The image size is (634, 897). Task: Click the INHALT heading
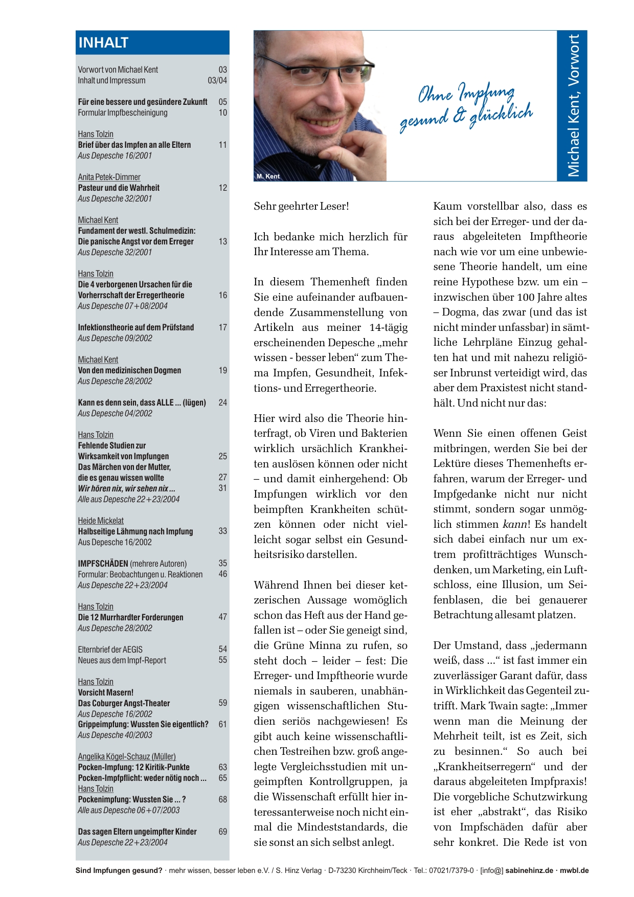[x=103, y=42]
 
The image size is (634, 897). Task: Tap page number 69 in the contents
[x=223, y=832]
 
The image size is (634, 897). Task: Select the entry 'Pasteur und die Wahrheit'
[x=119, y=188]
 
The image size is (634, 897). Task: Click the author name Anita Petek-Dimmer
[x=109, y=177]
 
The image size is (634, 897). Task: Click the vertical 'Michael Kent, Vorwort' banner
[x=573, y=105]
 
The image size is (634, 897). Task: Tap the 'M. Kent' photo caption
[x=268, y=176]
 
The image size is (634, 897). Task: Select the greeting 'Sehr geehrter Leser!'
[x=301, y=206]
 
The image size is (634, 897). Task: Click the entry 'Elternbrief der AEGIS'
[x=110, y=649]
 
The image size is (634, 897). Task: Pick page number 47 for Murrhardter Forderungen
[x=223, y=617]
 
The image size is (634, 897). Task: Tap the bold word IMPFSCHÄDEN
[x=103, y=564]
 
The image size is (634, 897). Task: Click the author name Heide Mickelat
[x=101, y=521]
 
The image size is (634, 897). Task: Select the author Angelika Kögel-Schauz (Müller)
[x=127, y=756]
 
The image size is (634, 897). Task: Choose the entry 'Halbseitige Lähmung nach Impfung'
[x=135, y=531]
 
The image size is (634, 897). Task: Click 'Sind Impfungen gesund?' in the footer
[x=119, y=870]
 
